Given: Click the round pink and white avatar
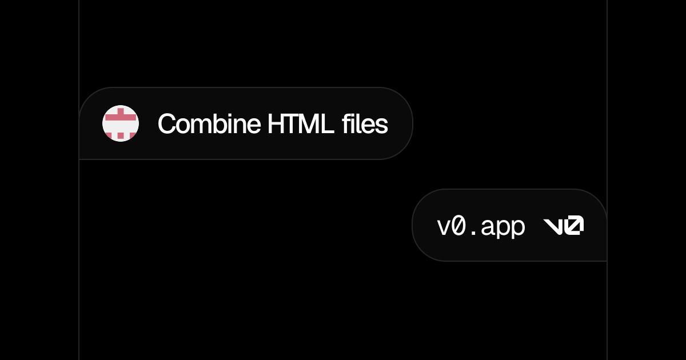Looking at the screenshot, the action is [x=121, y=123].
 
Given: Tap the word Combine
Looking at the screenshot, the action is [x=209, y=123].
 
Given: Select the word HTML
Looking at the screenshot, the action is [x=301, y=123].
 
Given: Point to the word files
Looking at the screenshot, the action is [x=365, y=123].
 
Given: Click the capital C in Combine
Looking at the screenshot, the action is [x=167, y=124].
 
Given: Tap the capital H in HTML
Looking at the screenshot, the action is [x=276, y=123].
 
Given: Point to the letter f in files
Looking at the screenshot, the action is [x=346, y=123].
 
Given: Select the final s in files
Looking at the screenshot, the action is [x=381, y=126].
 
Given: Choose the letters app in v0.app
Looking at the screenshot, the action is [x=503, y=228].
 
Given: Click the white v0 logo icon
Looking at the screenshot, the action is [x=564, y=225].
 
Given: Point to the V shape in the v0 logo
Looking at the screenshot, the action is [x=553, y=226].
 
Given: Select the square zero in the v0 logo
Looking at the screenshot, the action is [x=574, y=225].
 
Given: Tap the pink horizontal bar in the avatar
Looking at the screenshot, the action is [x=121, y=117].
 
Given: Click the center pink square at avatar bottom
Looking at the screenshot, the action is [x=121, y=135].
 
